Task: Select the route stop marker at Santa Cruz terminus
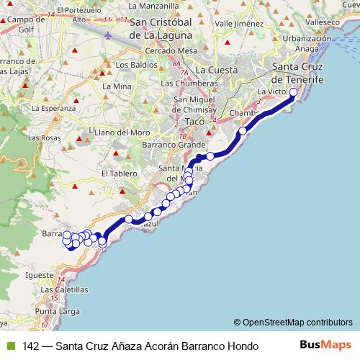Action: [x=293, y=92]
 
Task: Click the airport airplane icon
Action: [x=107, y=35]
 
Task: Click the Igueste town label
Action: [x=40, y=274]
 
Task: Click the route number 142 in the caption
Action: [x=31, y=346]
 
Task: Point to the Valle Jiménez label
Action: [x=236, y=23]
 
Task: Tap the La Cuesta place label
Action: [x=215, y=70]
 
